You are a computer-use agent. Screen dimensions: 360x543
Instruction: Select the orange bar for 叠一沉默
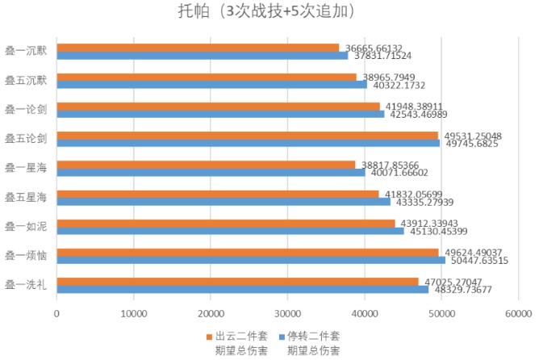[x=198, y=48]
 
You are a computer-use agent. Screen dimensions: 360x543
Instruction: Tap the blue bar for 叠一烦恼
[x=250, y=260]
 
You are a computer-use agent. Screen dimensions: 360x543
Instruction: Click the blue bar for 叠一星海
[x=211, y=172]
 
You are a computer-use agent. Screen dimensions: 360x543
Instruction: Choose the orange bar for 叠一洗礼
[x=237, y=281]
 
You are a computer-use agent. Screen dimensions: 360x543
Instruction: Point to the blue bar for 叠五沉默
[x=211, y=85]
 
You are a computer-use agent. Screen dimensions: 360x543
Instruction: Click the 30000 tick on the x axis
[x=287, y=311]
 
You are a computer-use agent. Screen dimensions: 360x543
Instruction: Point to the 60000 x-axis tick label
[x=517, y=311]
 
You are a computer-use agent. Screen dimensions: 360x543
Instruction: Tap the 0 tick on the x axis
[x=56, y=311]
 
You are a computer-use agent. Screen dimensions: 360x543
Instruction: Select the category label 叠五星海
[x=26, y=197]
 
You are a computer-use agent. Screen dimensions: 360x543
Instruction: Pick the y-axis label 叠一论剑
[x=26, y=109]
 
